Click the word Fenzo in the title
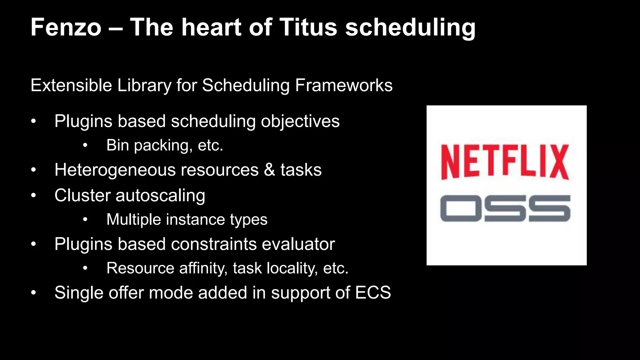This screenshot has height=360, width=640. tap(66, 27)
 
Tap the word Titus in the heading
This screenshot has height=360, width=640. tap(308, 27)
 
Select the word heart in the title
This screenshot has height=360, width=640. tap(212, 27)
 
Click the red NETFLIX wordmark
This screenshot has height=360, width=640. tap(505, 162)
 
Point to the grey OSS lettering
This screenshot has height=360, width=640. tap(505, 208)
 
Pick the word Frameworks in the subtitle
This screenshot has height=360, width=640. tap(344, 85)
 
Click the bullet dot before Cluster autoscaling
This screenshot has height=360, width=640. tap(34, 196)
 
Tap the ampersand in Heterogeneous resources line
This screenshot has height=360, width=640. tap(269, 170)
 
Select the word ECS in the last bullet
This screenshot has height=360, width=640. tap(373, 293)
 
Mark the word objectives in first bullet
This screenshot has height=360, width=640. tap(300, 122)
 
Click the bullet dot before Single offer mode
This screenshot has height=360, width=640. tap(34, 293)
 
